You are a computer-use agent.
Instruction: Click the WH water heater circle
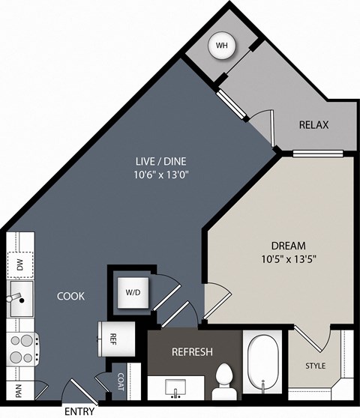point(222,46)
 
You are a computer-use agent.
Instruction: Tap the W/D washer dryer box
point(133,293)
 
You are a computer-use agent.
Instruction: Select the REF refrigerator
point(117,339)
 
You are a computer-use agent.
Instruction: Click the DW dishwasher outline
point(20,265)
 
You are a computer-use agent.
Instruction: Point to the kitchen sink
point(21,298)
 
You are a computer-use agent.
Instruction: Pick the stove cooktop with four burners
point(23,349)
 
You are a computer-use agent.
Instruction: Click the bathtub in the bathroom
point(262,364)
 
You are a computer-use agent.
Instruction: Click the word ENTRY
point(79,411)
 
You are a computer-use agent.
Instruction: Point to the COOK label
point(70,296)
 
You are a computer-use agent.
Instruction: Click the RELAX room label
point(313,125)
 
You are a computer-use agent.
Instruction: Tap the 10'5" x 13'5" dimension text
point(289,259)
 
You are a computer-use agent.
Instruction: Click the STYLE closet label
point(316,366)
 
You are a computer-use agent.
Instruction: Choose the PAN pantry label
point(19,390)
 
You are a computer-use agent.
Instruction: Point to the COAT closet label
point(121,382)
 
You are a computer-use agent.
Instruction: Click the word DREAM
point(289,246)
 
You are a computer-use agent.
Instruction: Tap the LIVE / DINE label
point(161,161)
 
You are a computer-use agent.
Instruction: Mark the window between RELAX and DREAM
point(317,154)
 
